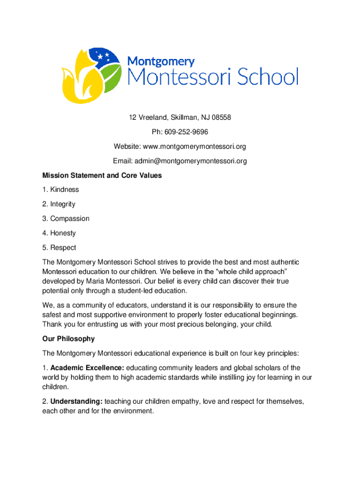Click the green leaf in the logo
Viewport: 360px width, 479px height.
[x=112, y=77]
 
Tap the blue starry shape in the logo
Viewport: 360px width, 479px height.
[x=103, y=58]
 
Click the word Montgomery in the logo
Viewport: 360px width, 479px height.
[x=161, y=61]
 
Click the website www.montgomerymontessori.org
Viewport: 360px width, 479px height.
[x=194, y=146]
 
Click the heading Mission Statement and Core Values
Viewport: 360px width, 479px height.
[x=102, y=175]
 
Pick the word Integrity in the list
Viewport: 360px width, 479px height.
[x=63, y=204]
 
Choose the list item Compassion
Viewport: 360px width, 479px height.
[x=70, y=218]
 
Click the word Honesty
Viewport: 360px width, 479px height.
[x=63, y=233]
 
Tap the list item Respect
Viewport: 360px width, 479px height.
[x=63, y=247]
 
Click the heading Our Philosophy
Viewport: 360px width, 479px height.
[x=68, y=339]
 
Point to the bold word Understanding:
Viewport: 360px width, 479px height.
[x=76, y=401]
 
